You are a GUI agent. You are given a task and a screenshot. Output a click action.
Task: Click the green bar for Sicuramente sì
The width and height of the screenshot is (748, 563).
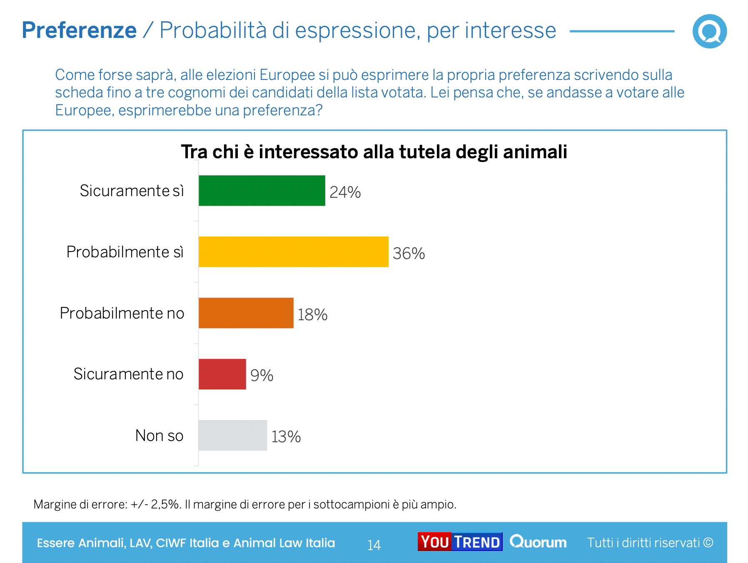262,191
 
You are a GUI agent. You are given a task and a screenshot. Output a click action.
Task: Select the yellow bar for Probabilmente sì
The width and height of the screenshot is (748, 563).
293,252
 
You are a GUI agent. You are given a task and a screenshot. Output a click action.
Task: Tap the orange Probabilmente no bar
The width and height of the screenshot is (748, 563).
246,313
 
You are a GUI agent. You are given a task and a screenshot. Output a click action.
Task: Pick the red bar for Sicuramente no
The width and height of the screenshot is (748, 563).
222,374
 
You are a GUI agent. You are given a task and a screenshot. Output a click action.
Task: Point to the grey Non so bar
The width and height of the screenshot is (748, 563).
232,435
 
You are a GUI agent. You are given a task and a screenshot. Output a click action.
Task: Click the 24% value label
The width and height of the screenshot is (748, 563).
345,192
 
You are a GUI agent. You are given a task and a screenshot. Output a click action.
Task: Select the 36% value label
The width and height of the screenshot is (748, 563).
409,254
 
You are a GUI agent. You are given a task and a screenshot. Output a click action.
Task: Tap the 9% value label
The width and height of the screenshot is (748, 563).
262,376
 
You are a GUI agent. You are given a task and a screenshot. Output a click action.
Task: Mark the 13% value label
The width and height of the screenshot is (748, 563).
286,437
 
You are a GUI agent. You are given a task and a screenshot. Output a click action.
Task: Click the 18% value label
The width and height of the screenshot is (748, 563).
312,315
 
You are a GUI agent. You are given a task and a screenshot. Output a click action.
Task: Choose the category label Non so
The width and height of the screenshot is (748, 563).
159,436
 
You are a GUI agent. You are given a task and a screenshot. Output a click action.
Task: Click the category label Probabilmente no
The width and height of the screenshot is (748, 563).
122,313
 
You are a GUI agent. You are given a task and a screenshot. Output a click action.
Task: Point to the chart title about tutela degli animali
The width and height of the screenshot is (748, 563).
374,152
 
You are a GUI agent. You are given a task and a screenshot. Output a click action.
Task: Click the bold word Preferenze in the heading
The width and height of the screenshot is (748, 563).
79,30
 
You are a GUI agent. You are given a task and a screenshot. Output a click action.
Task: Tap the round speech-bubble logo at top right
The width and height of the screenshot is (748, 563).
709,31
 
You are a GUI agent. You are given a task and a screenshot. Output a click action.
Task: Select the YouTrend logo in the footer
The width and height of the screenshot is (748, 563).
460,542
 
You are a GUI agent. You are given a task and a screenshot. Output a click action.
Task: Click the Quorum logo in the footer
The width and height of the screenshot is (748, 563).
538,542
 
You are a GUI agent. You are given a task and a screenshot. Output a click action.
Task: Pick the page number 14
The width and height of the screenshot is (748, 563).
374,545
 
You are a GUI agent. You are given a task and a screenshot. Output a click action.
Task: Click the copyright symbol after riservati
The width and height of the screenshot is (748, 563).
708,543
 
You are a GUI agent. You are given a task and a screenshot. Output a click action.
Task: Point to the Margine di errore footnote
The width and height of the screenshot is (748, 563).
245,504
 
